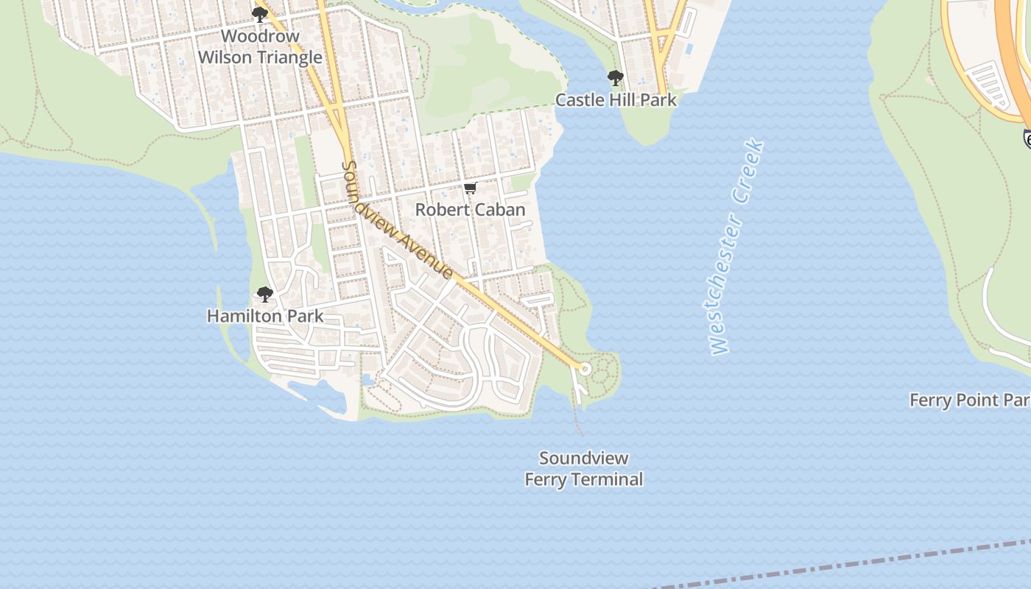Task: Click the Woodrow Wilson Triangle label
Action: pos(260,46)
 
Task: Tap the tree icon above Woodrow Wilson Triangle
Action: pos(259,14)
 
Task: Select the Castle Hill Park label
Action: pos(616,100)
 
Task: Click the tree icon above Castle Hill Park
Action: pos(615,77)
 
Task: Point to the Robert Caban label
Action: pos(470,210)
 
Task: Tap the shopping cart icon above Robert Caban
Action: pos(471,188)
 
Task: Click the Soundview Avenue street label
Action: pos(398,221)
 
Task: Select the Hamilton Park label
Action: pos(265,317)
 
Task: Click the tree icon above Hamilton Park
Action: pos(265,295)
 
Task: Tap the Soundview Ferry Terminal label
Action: pos(583,469)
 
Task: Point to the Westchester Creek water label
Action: pos(737,247)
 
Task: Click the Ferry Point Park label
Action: pos(969,401)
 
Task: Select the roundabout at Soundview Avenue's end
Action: pos(585,368)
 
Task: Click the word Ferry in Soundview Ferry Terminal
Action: pos(546,480)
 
